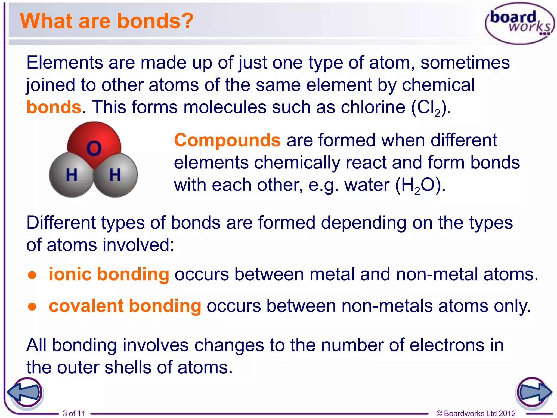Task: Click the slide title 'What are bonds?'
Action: coord(107,21)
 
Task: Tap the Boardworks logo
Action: coord(519,23)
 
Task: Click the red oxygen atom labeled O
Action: coord(94,144)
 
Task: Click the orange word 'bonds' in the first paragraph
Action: coord(54,107)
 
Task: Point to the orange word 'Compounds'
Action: coord(227,140)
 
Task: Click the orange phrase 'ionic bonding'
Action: coord(109,274)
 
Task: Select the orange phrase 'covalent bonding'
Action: coord(125,306)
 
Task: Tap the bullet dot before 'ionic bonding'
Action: coord(32,275)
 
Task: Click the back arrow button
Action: coord(25,393)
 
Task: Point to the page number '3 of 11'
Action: coord(74,413)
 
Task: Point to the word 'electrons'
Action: coord(447,345)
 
